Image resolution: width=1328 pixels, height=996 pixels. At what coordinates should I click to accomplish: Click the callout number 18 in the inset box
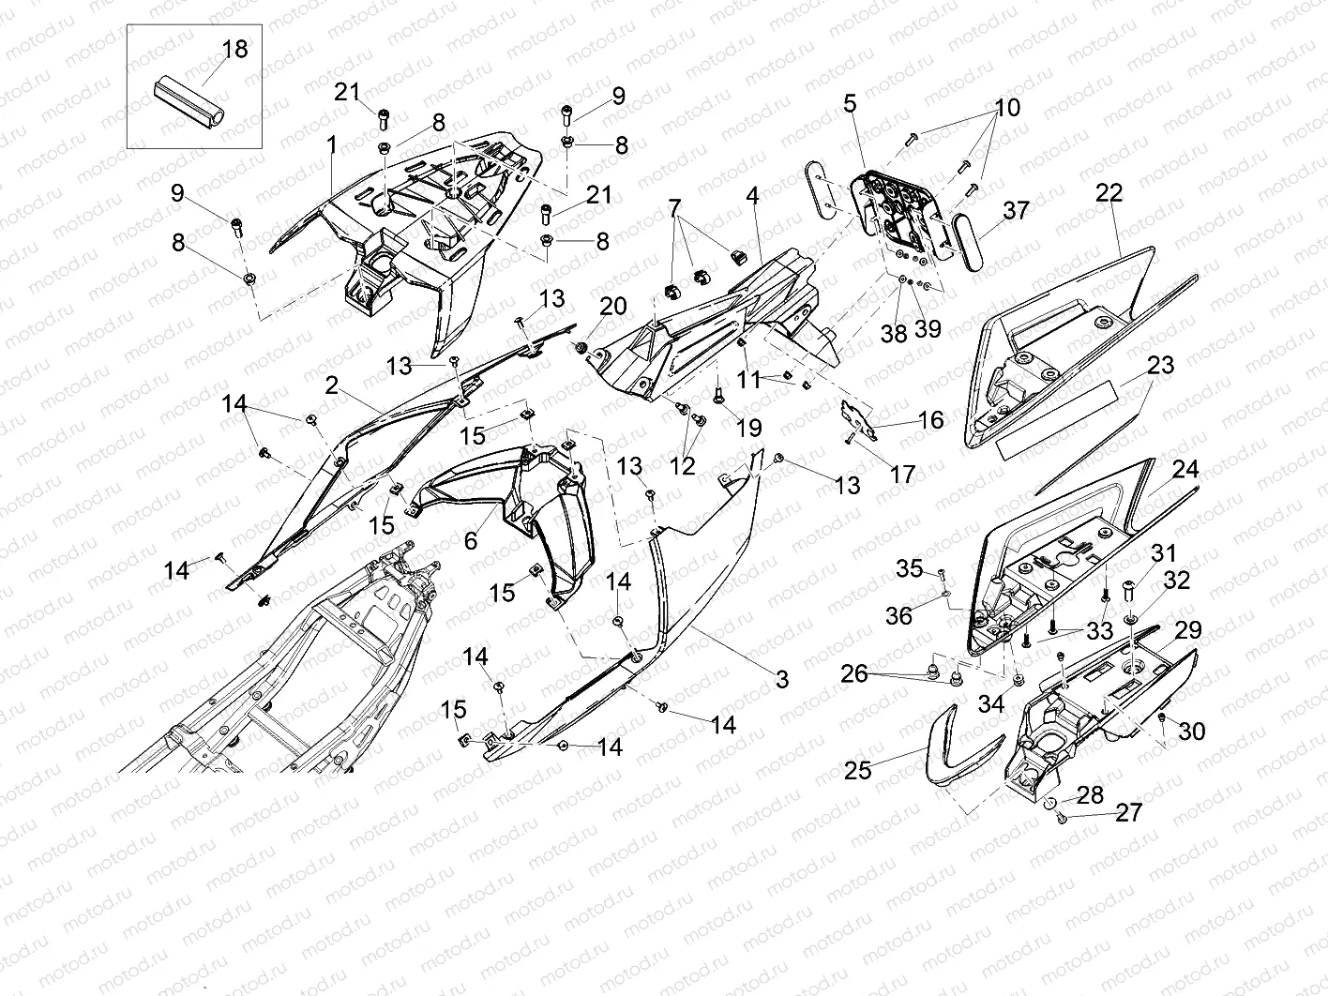(234, 49)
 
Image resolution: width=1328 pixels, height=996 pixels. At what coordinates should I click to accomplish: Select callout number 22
(1109, 192)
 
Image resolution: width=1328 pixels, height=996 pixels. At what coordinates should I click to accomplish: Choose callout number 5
(850, 102)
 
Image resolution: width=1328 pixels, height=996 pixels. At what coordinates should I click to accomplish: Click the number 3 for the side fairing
(782, 678)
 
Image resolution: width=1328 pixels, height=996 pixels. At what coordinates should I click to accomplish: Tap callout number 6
(471, 539)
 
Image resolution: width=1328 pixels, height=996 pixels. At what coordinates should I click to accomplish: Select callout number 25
(858, 770)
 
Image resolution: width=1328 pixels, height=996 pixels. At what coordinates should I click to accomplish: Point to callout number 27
(1129, 811)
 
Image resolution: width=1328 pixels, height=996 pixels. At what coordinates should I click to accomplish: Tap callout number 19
(748, 429)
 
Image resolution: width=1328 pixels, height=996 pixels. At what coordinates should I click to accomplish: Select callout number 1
(331, 144)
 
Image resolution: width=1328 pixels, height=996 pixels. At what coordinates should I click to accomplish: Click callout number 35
(909, 567)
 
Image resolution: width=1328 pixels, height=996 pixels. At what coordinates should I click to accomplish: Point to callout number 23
(1160, 365)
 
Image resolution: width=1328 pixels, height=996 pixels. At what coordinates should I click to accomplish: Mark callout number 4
(752, 197)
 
